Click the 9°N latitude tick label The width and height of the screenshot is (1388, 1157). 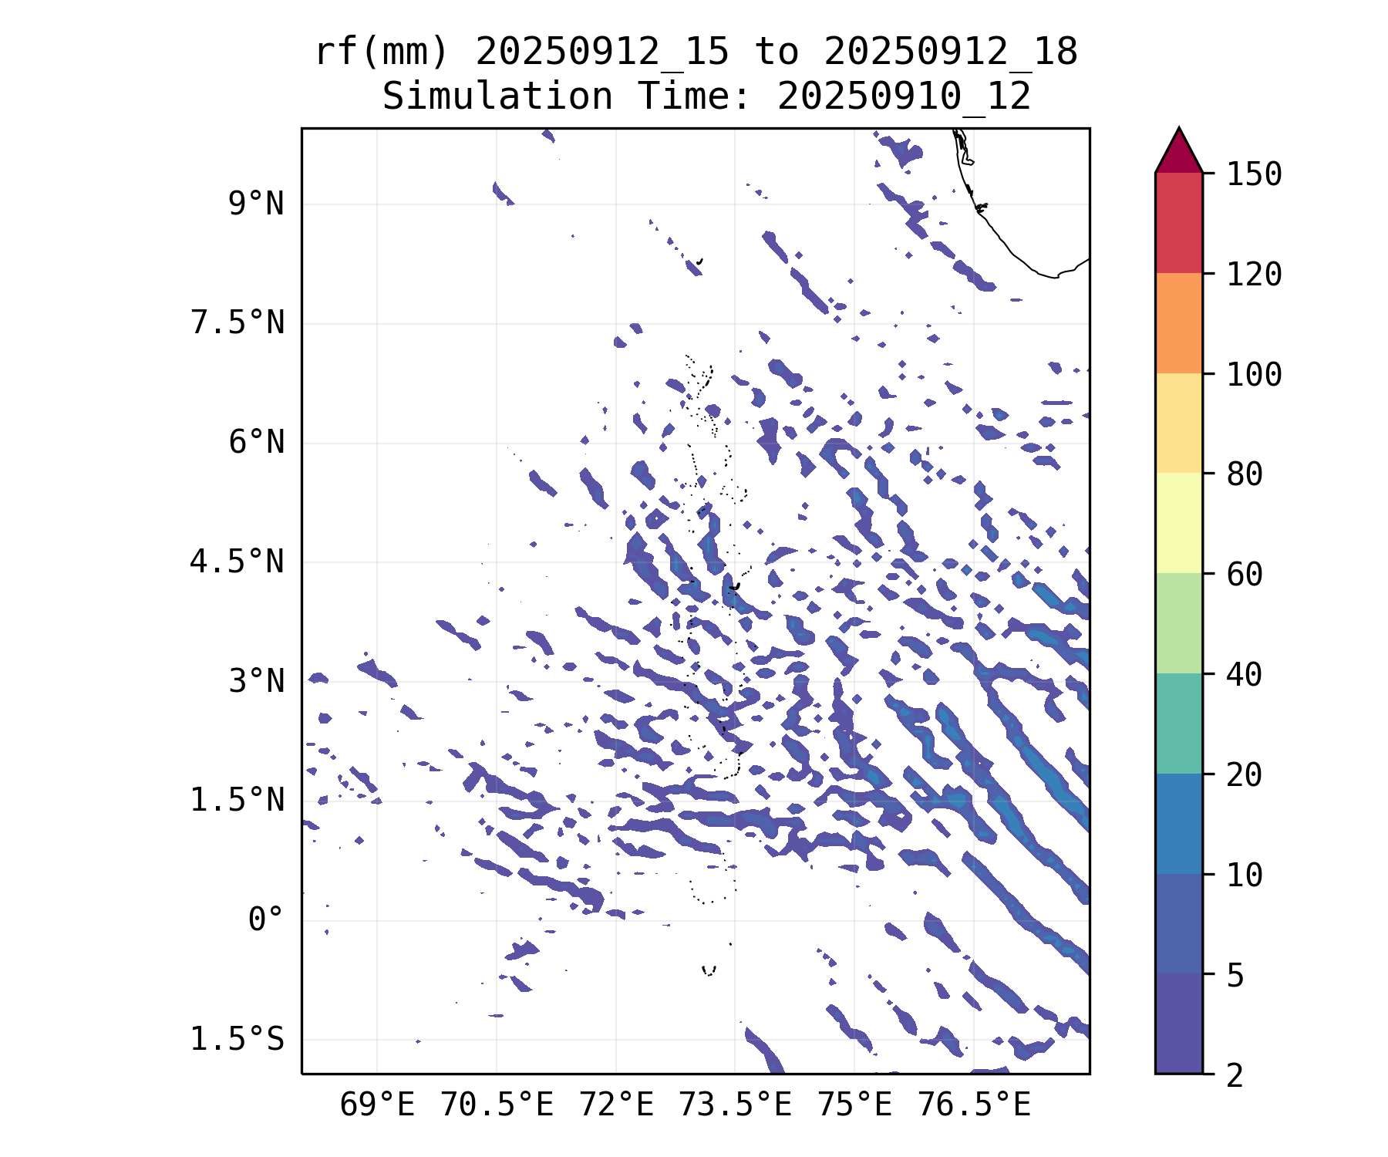click(x=256, y=204)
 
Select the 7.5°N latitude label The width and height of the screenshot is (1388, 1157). click(x=238, y=323)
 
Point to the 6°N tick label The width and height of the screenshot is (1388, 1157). click(x=256, y=443)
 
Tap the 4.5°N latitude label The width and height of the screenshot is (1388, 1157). click(x=238, y=562)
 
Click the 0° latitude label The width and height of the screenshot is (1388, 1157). click(x=266, y=919)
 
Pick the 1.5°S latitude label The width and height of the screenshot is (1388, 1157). click(x=238, y=1039)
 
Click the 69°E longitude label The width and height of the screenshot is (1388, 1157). click(x=377, y=1105)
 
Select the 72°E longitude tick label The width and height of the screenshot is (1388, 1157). click(x=616, y=1105)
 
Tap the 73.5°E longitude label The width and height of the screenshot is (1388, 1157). click(x=735, y=1105)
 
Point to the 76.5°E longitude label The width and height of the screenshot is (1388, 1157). click(x=974, y=1105)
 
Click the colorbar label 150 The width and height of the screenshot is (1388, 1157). click(x=1255, y=174)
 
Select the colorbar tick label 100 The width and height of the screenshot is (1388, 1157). click(x=1255, y=375)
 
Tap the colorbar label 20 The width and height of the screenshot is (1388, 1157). click(x=1245, y=775)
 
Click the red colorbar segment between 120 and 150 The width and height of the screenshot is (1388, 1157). click(x=1179, y=223)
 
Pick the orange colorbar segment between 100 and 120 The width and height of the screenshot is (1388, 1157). click(x=1179, y=323)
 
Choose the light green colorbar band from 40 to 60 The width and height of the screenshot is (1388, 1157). click(x=1179, y=623)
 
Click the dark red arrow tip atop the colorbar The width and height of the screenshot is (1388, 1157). click(x=1179, y=129)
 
